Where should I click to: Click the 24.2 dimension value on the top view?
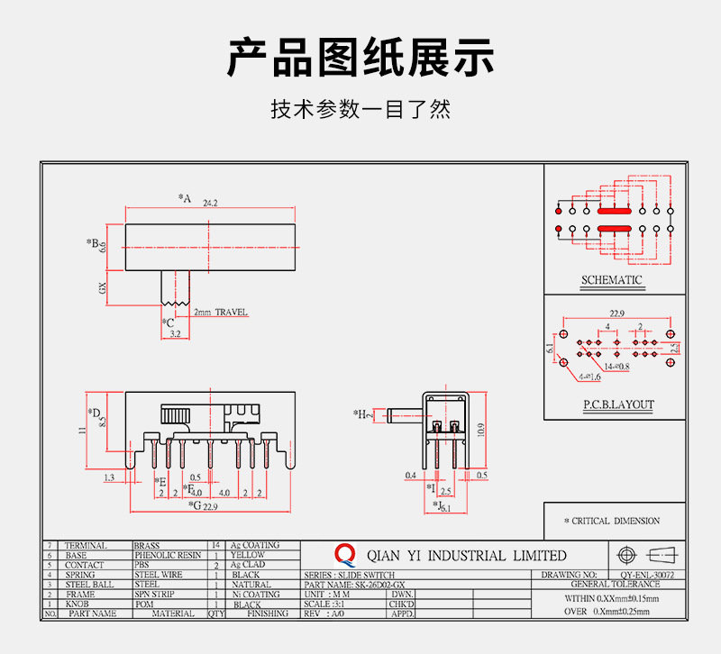pos(212,203)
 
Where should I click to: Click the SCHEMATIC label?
pos(612,280)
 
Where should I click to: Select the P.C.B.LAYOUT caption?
pos(618,405)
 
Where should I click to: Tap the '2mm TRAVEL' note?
pos(220,313)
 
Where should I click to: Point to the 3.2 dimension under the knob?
pos(174,334)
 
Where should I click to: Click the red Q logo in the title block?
pos(344,554)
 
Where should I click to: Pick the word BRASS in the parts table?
pos(147,546)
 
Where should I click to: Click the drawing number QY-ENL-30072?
pos(647,574)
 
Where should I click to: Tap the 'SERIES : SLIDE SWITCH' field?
pos(350,575)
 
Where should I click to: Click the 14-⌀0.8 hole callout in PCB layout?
pos(618,367)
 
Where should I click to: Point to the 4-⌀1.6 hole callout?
pos(589,377)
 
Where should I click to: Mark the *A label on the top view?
pos(185,198)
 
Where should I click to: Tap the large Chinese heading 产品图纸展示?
pos(360,58)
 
